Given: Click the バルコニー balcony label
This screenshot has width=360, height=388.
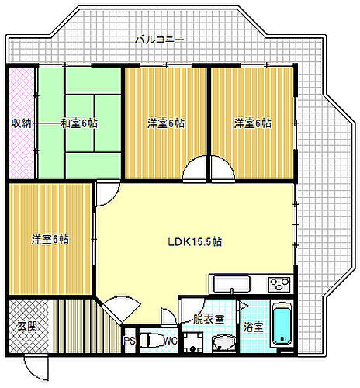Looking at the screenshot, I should click(159, 39).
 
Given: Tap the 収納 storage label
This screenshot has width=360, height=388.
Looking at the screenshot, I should click(21, 123).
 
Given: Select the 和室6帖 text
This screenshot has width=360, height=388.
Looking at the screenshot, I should click(79, 123).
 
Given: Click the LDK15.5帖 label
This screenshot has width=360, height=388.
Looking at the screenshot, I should click(196, 241).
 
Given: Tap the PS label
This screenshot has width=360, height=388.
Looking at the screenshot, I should click(130, 340).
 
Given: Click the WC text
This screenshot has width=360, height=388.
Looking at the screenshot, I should click(170, 340).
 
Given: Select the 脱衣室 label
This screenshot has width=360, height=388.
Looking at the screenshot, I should click(208, 318).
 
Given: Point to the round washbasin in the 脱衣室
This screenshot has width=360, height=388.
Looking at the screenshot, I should click(223, 342).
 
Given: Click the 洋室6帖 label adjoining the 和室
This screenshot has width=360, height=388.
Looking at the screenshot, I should click(166, 123).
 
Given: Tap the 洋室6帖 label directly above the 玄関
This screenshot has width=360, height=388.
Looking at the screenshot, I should click(50, 239).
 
